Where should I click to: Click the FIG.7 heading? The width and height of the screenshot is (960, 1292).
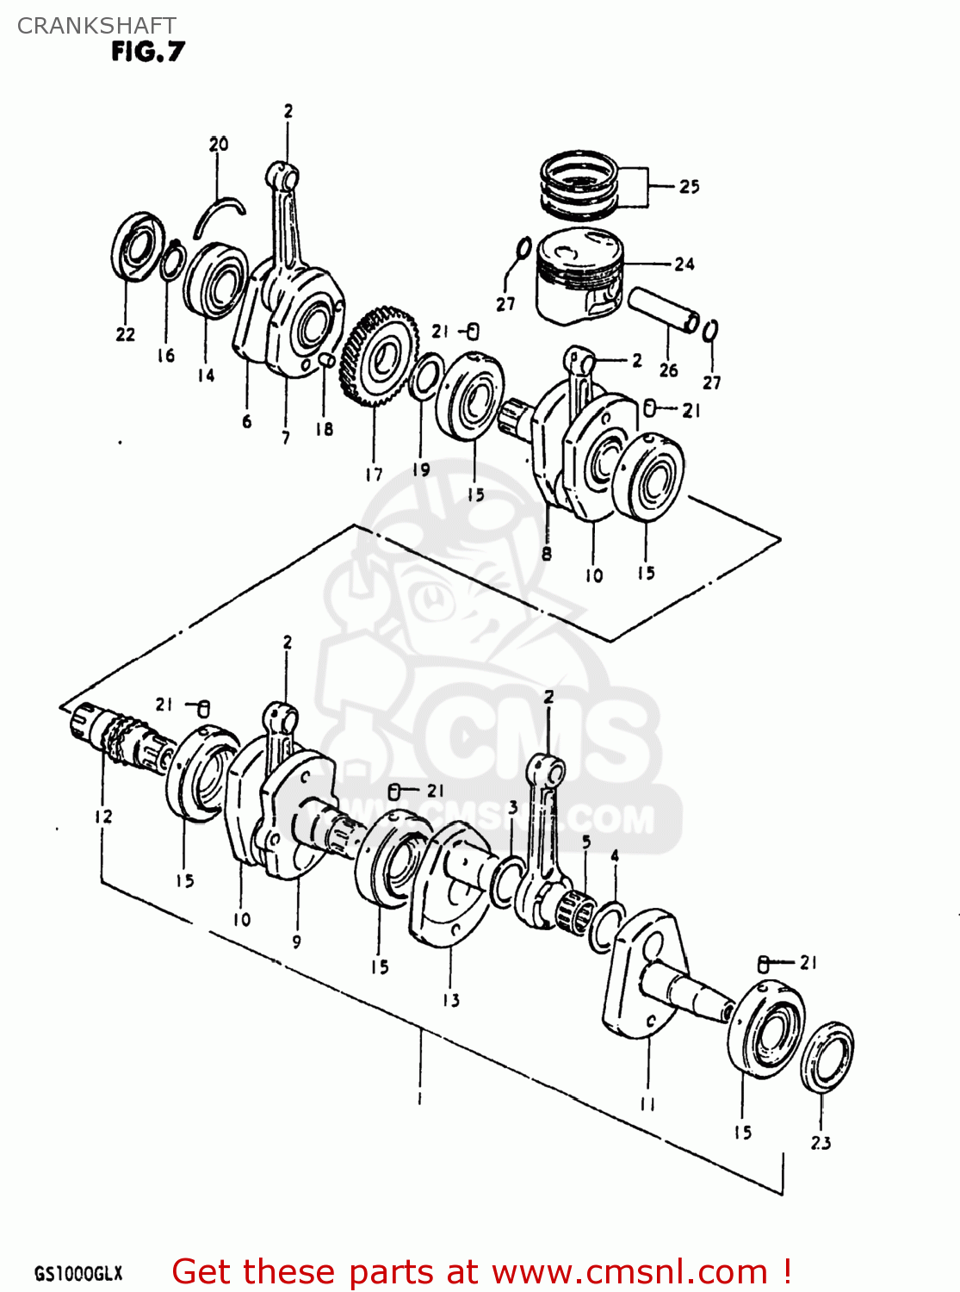[x=147, y=52]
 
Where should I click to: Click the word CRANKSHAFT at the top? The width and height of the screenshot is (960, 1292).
[x=96, y=25]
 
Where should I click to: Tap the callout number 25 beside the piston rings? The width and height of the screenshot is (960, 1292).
[x=690, y=186]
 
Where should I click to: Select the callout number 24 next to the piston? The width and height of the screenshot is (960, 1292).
[x=684, y=264]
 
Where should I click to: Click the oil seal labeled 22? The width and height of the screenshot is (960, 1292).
[x=138, y=246]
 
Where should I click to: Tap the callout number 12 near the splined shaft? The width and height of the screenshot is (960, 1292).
[x=103, y=816]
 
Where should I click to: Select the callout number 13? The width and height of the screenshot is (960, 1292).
[x=451, y=1000]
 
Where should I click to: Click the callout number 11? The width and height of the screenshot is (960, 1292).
[x=647, y=1103]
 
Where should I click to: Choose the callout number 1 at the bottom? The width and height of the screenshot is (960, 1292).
[x=419, y=1098]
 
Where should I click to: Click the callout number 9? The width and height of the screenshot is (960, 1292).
[x=296, y=941]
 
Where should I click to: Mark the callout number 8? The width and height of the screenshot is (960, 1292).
[x=547, y=554]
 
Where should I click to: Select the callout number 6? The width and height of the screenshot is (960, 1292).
[x=247, y=421]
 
